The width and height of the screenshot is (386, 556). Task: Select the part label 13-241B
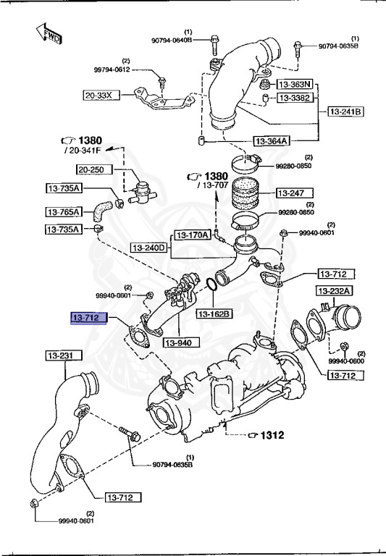point(345,111)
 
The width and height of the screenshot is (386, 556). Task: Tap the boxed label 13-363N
point(294,84)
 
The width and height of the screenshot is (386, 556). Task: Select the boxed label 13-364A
point(271,140)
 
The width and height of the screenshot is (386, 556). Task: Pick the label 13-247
point(293,193)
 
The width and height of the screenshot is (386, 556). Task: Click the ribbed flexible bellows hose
point(251,194)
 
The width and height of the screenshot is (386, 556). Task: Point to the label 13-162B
point(214,313)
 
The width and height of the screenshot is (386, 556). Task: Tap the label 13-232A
point(334,291)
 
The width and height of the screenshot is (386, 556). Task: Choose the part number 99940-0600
point(345,361)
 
